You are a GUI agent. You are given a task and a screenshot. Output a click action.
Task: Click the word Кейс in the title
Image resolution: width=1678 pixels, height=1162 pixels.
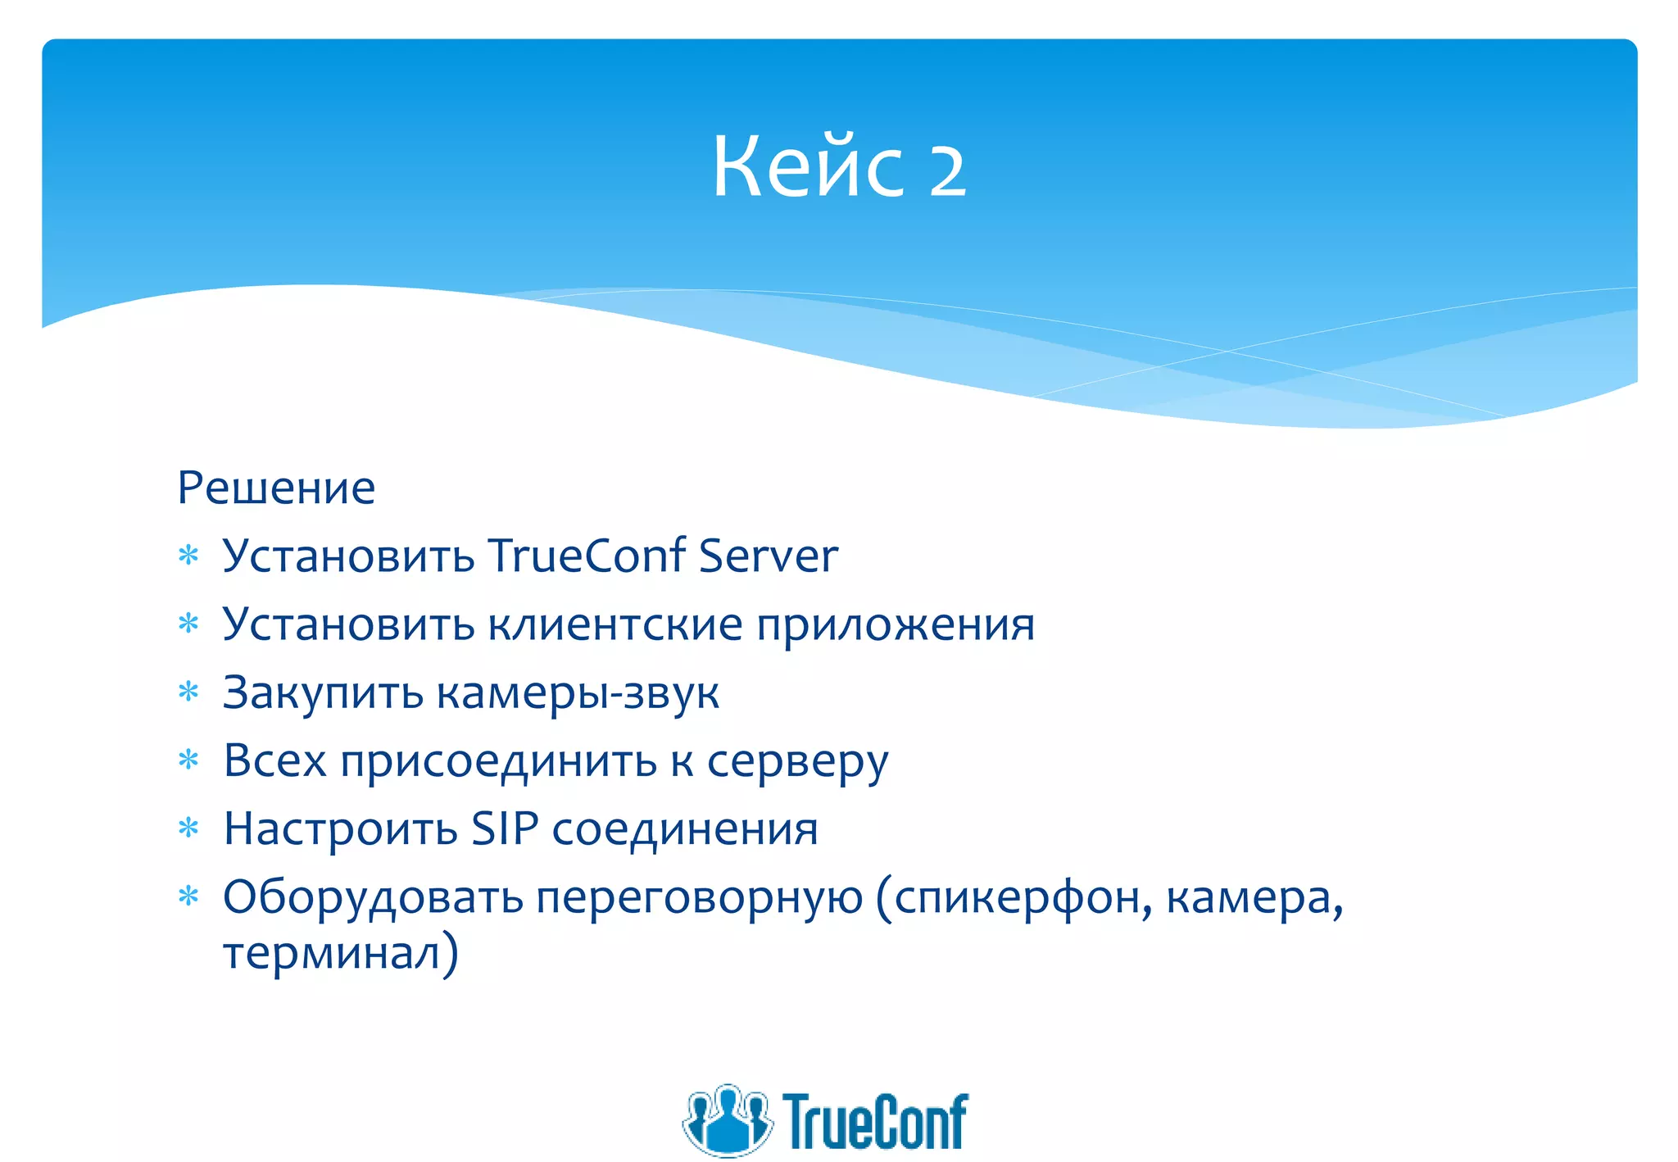[x=807, y=168]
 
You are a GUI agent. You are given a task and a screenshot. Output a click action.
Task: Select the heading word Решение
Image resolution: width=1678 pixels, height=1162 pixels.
[x=276, y=488]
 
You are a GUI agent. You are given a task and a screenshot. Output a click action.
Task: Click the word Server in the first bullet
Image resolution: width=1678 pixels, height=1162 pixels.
[x=769, y=556]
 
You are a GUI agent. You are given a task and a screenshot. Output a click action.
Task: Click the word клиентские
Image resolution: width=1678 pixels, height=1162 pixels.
[x=615, y=625]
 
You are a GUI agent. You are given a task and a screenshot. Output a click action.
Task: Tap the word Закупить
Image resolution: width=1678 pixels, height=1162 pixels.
[x=323, y=694]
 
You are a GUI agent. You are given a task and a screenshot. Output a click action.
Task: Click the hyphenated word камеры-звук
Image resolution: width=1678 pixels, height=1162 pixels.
[x=578, y=694]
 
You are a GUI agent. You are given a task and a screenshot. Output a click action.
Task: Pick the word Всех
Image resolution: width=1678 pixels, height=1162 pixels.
[x=274, y=761]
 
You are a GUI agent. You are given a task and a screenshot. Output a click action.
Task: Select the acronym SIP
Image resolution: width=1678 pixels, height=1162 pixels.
[x=504, y=829]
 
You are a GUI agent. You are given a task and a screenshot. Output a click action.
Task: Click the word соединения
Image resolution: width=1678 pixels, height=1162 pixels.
[x=685, y=830]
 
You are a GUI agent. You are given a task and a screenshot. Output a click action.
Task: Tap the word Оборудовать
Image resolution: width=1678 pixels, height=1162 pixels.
[x=373, y=898]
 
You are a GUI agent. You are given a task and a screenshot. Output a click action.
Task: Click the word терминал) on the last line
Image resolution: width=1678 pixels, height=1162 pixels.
[x=340, y=954]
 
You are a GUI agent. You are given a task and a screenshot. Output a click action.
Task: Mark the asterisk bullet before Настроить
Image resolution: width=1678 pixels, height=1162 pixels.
[x=188, y=829]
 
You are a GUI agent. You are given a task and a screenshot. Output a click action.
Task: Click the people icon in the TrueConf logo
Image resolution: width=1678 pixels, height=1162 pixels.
[x=727, y=1120]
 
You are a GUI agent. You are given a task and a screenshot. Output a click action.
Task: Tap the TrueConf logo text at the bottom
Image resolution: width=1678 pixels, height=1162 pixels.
[x=875, y=1122]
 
